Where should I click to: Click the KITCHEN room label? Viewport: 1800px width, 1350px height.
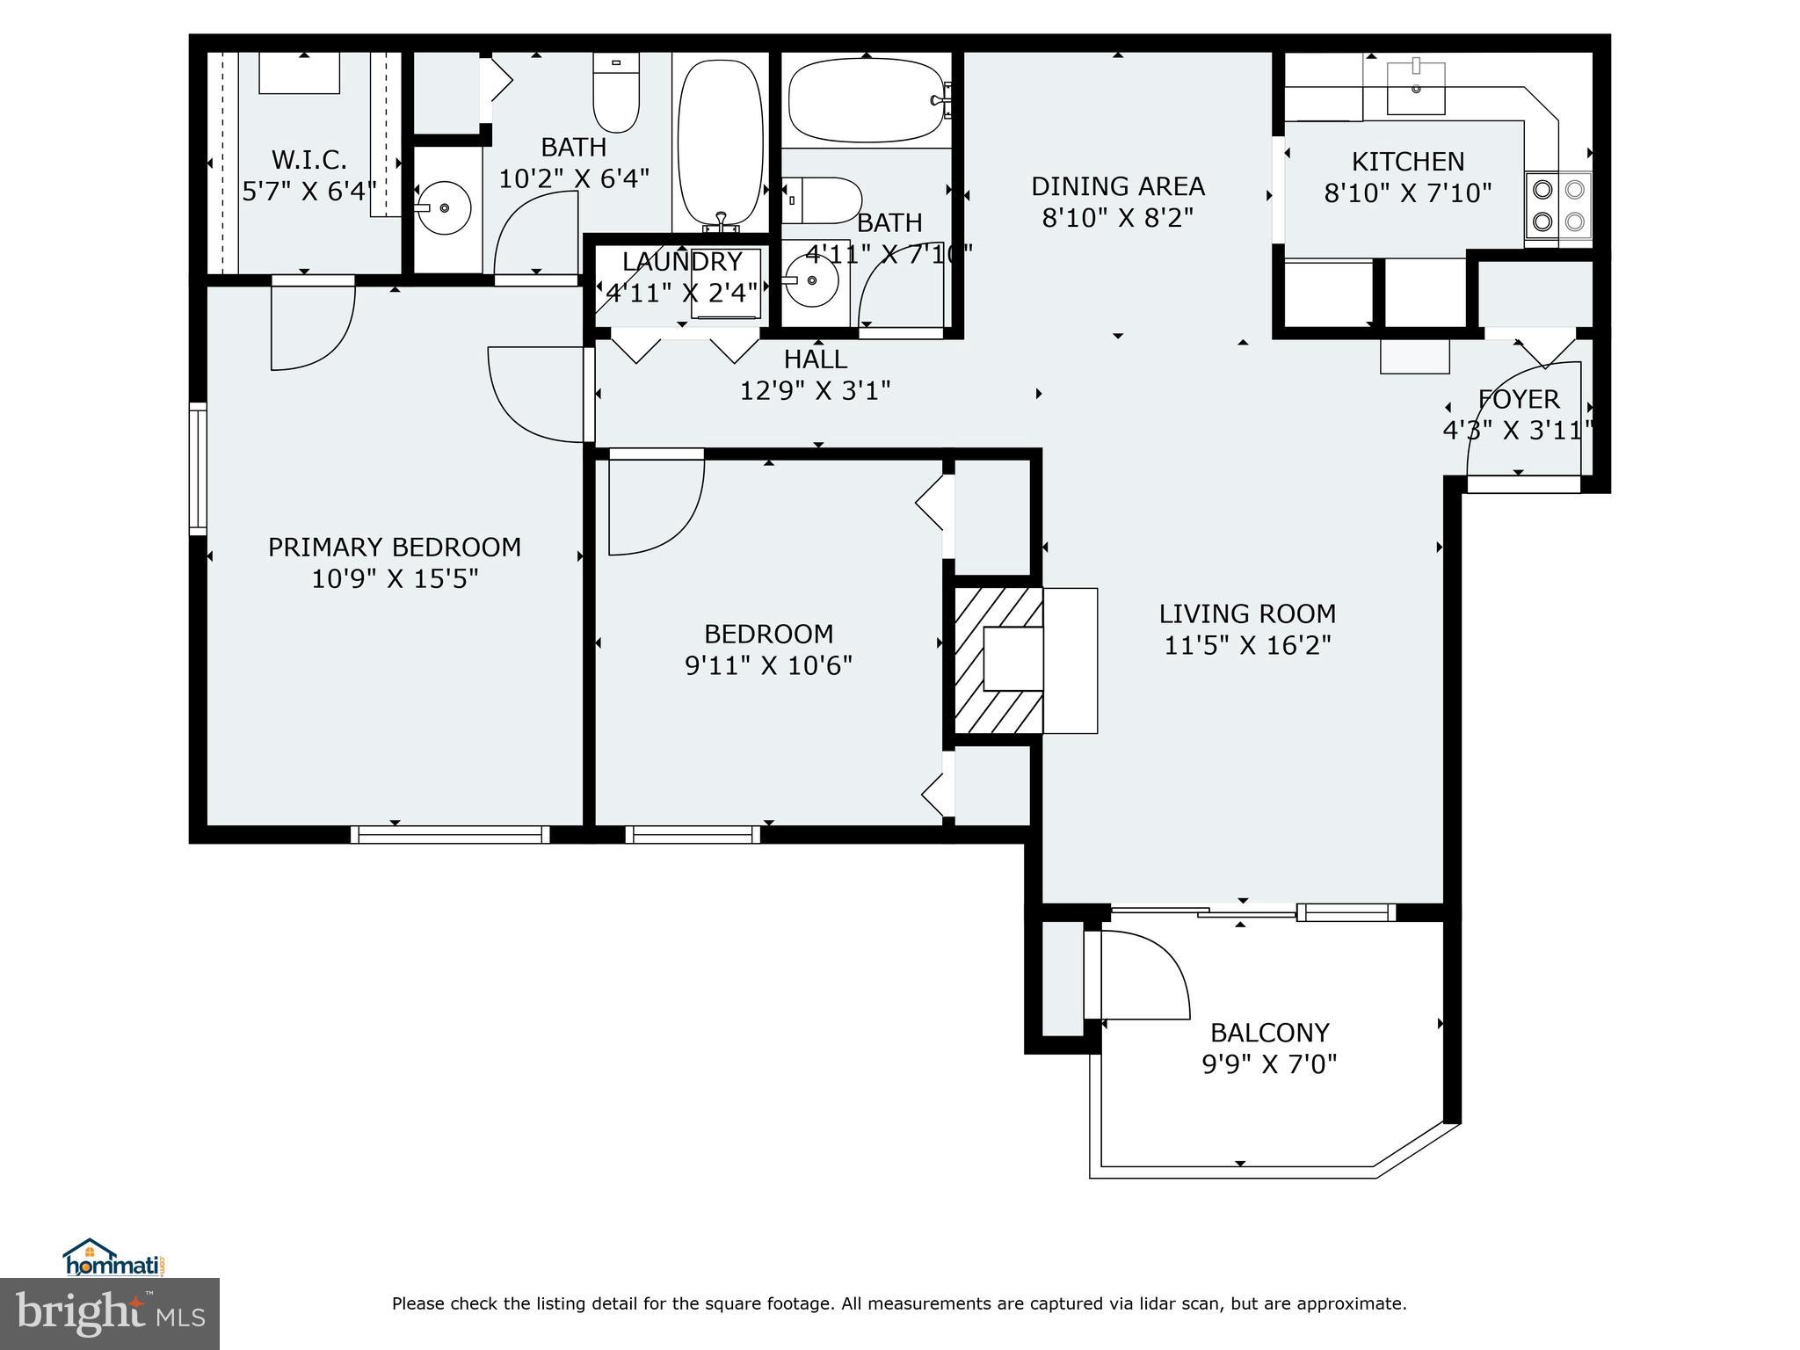(1407, 162)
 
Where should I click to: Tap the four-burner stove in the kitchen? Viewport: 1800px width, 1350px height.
(1558, 206)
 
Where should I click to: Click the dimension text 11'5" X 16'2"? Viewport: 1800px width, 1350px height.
(1246, 646)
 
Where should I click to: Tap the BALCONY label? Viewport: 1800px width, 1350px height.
(1269, 1032)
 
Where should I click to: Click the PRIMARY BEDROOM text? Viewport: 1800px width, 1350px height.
(394, 548)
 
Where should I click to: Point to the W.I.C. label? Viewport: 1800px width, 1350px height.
(308, 160)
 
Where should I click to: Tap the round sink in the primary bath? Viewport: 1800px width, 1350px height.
(444, 208)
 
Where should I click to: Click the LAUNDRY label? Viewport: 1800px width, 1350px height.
(682, 262)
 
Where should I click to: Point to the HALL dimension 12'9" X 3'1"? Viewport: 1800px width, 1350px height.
(815, 390)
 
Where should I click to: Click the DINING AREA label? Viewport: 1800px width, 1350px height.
(1117, 186)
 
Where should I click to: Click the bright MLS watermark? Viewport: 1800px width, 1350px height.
(110, 1314)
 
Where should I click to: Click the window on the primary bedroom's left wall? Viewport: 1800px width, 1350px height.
(199, 468)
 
